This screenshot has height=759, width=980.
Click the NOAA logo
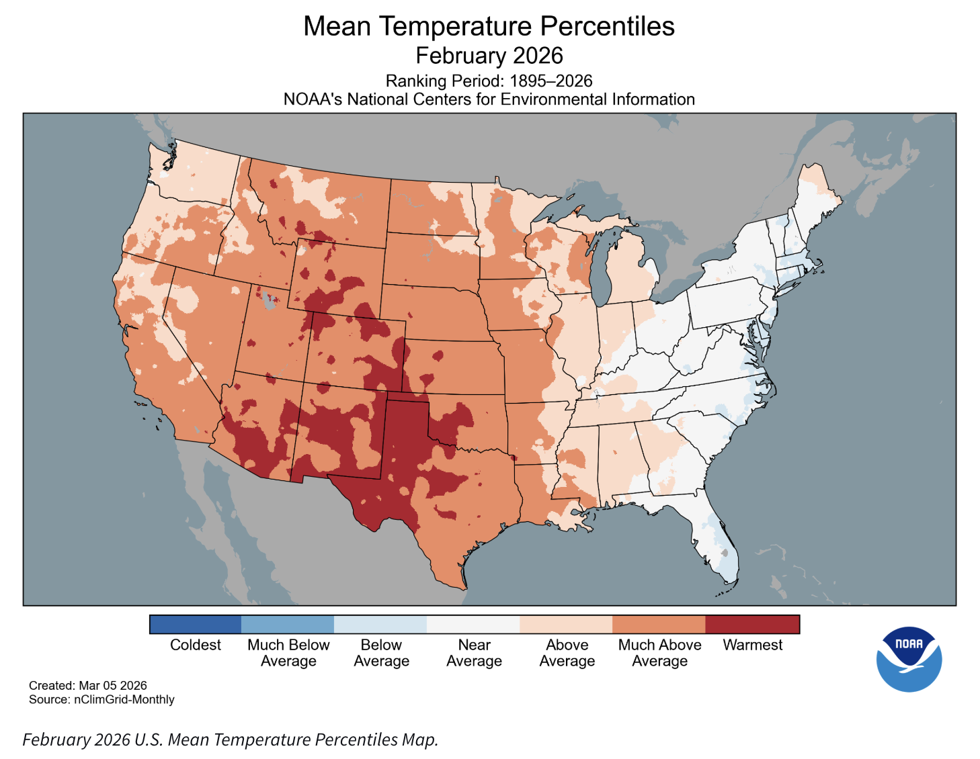pyautogui.click(x=909, y=659)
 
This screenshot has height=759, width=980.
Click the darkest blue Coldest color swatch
pyautogui.click(x=195, y=624)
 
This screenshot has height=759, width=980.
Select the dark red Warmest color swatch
pyautogui.click(x=752, y=624)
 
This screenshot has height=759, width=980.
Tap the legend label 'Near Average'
pyautogui.click(x=474, y=653)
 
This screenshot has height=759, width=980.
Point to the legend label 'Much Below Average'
pyautogui.click(x=288, y=653)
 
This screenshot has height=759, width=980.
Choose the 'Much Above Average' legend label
pyautogui.click(x=659, y=653)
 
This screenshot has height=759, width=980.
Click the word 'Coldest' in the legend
pyautogui.click(x=195, y=645)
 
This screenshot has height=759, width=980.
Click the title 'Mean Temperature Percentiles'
pyautogui.click(x=489, y=27)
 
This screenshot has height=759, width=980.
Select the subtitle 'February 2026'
pyautogui.click(x=489, y=56)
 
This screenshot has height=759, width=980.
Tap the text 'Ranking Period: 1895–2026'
pyautogui.click(x=489, y=81)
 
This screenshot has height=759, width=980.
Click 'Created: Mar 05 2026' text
pyautogui.click(x=87, y=685)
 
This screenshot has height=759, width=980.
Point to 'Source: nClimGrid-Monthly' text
pyautogui.click(x=101, y=699)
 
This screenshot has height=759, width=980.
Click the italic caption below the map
pyautogui.click(x=230, y=740)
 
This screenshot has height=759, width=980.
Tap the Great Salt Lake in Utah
pyautogui.click(x=270, y=299)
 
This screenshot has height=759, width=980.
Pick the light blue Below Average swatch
pyautogui.click(x=380, y=624)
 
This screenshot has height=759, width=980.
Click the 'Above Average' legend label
pyautogui.click(x=567, y=653)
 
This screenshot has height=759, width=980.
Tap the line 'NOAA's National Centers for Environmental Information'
pyautogui.click(x=489, y=99)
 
